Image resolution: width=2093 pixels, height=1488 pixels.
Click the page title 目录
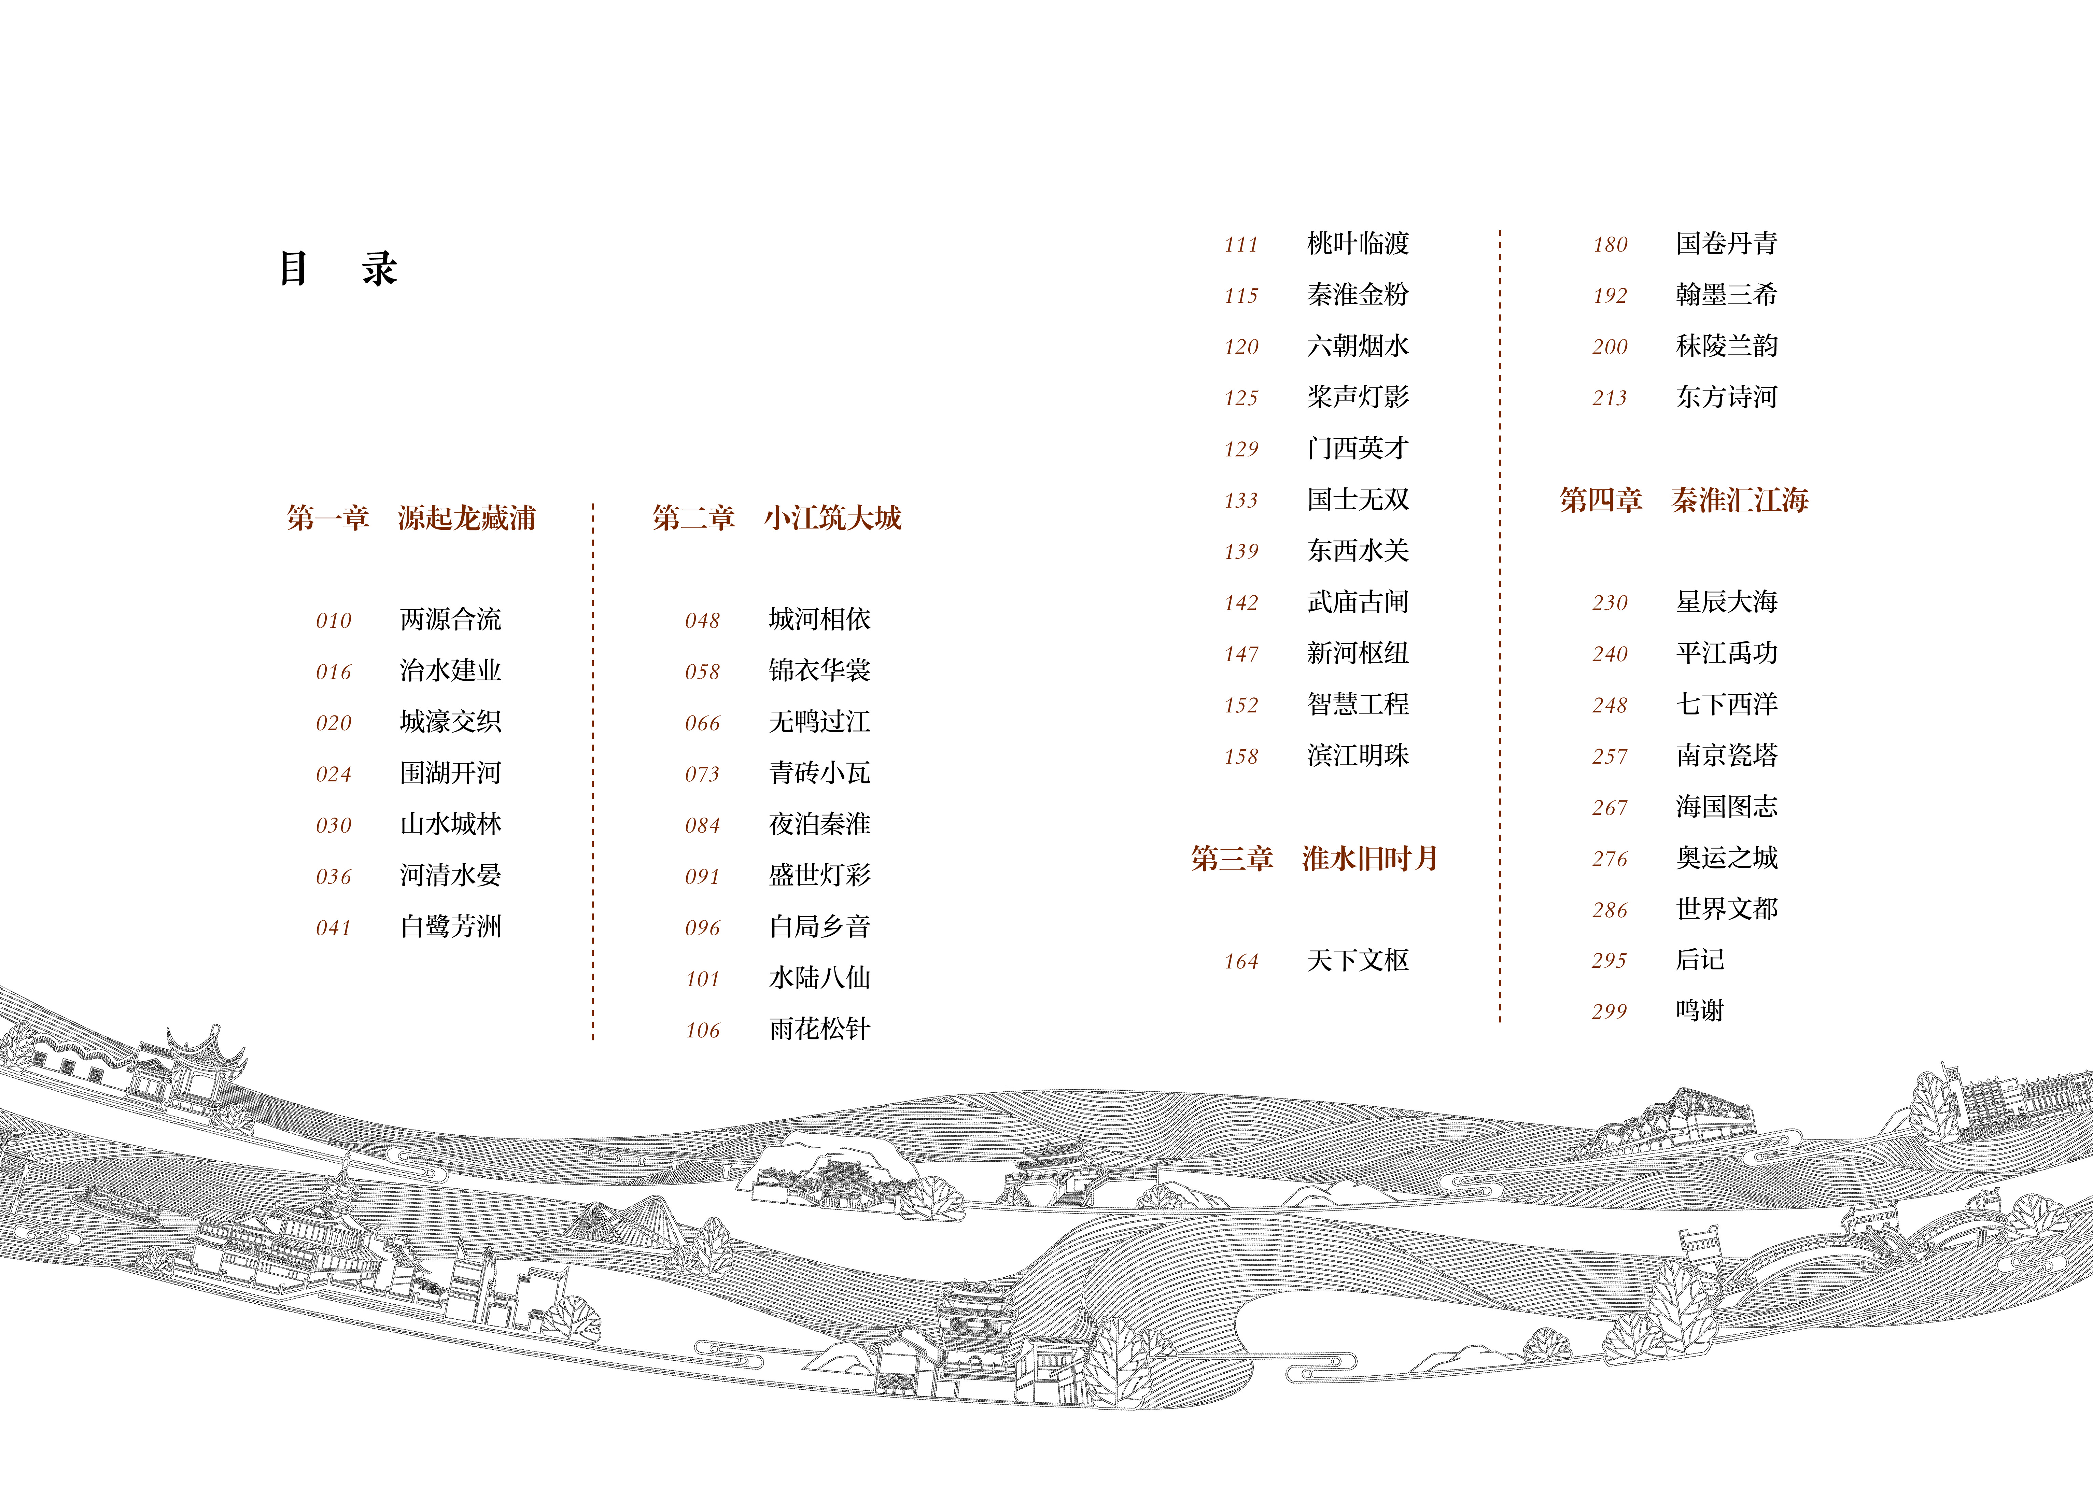click(337, 268)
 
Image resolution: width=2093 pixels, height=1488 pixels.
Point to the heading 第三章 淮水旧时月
click(1314, 859)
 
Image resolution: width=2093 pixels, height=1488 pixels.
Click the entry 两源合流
click(450, 619)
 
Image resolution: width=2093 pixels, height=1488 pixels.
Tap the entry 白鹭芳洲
click(450, 926)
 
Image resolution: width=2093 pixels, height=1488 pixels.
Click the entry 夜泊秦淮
click(819, 824)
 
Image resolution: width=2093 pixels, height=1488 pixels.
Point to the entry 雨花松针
click(819, 1029)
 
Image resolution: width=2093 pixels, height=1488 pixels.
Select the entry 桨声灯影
click(1357, 397)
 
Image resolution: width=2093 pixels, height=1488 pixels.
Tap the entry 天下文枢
click(1357, 960)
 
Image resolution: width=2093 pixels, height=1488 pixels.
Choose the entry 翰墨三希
click(1726, 294)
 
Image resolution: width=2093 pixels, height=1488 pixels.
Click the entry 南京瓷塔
click(1726, 755)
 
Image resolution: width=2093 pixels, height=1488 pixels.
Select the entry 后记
click(1700, 959)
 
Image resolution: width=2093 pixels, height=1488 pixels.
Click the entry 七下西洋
click(1726, 704)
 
